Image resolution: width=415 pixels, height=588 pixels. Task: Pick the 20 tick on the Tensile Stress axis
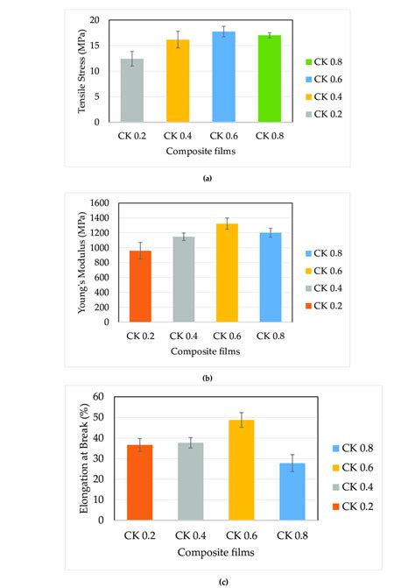(105, 20)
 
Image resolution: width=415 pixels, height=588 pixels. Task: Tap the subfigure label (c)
(207, 581)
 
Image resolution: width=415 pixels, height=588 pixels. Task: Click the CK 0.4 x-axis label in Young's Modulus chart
(184, 335)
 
